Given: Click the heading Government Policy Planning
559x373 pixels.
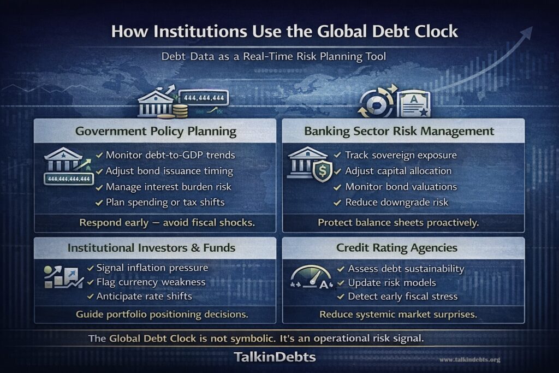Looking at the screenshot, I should [x=156, y=131].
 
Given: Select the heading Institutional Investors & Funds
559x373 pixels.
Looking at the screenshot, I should [x=151, y=248].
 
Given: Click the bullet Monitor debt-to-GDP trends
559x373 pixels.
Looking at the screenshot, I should [x=170, y=155].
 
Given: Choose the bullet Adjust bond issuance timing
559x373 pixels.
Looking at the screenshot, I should [x=169, y=171].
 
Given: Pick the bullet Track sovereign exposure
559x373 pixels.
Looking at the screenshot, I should [x=401, y=155].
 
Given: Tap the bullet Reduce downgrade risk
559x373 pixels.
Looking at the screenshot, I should [x=396, y=202].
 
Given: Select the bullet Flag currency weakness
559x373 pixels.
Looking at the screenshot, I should [x=151, y=282].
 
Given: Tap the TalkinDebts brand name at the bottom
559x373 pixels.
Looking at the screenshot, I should [x=275, y=357].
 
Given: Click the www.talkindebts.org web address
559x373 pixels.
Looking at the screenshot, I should [x=469, y=360].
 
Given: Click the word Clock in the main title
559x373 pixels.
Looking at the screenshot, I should [x=432, y=31].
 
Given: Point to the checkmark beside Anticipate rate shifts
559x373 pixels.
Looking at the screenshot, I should [x=91, y=297].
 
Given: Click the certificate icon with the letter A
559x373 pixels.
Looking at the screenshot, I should [x=413, y=104].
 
